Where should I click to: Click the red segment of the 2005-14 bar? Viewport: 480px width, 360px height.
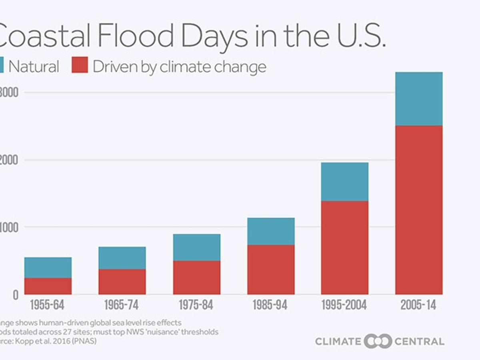point(419,210)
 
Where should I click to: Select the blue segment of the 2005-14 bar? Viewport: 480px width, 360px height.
point(419,99)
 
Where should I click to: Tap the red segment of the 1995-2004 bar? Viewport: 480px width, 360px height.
point(344,248)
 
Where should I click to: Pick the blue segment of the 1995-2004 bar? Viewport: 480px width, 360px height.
point(344,182)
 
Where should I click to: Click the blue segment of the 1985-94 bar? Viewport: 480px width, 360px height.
point(271,231)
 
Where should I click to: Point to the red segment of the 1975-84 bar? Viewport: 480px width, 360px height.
point(196,278)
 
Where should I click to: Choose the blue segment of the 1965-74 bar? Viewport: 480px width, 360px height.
point(122,258)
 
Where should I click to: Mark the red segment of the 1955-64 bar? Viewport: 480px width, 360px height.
point(48,286)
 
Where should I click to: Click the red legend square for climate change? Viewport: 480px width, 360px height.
point(80,65)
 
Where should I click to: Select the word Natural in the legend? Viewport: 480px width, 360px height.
point(34,66)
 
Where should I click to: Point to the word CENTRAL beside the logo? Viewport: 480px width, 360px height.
point(419,342)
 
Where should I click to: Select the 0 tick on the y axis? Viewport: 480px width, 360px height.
point(16,295)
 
